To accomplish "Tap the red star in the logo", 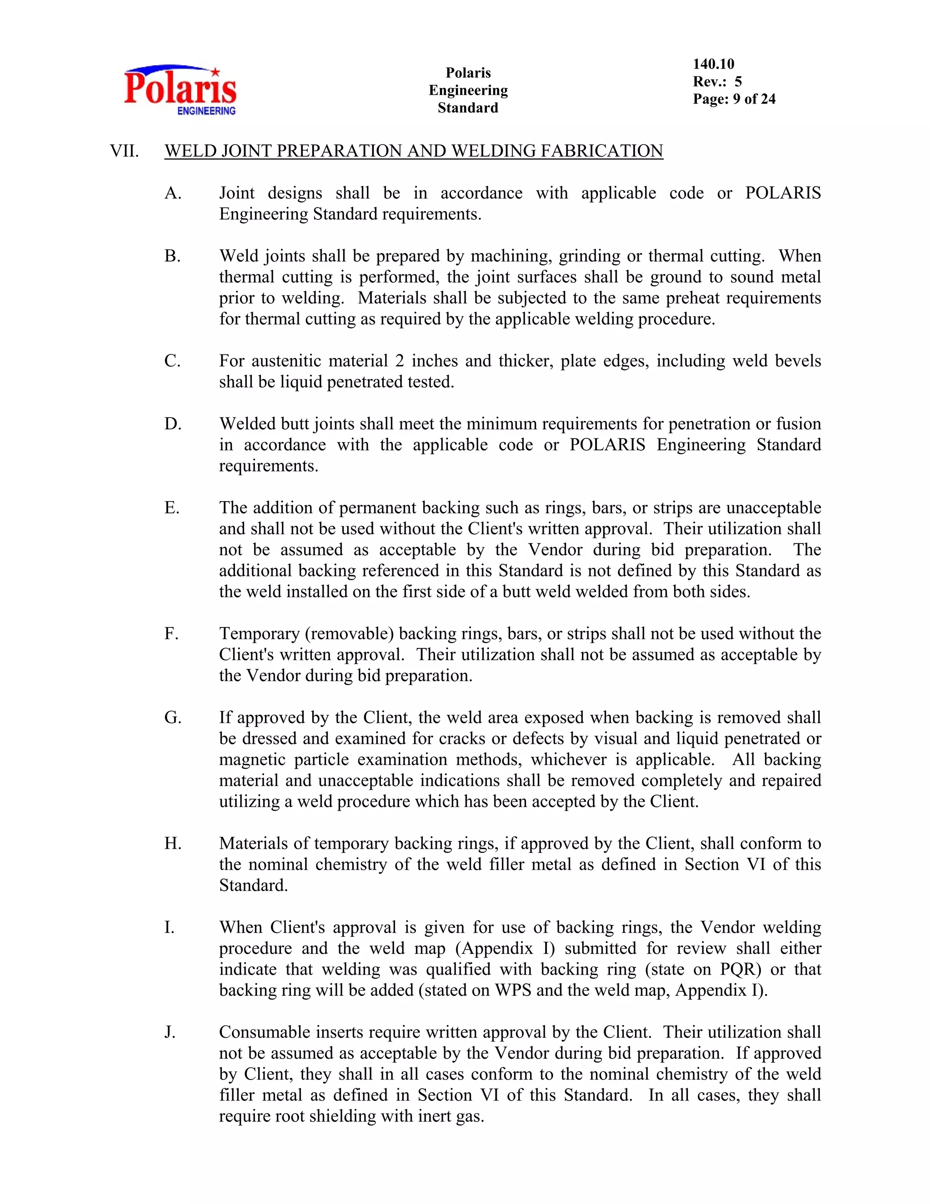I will pos(215,72).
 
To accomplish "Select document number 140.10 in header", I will pos(713,64).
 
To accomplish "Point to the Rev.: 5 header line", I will pos(717,82).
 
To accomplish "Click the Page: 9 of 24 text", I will pos(734,99).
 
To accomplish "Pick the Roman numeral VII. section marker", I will pos(124,151).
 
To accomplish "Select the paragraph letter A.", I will pos(173,194).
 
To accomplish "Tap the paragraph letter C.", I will pos(172,361).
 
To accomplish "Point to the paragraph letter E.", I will pos(171,508).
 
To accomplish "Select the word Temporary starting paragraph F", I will pos(259,634).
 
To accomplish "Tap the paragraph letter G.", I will pos(173,718).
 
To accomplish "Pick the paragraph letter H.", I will pos(173,843).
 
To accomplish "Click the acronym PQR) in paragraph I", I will pos(740,970).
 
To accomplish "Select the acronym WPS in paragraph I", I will pos(513,990).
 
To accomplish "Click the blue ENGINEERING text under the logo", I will pos(206,111).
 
